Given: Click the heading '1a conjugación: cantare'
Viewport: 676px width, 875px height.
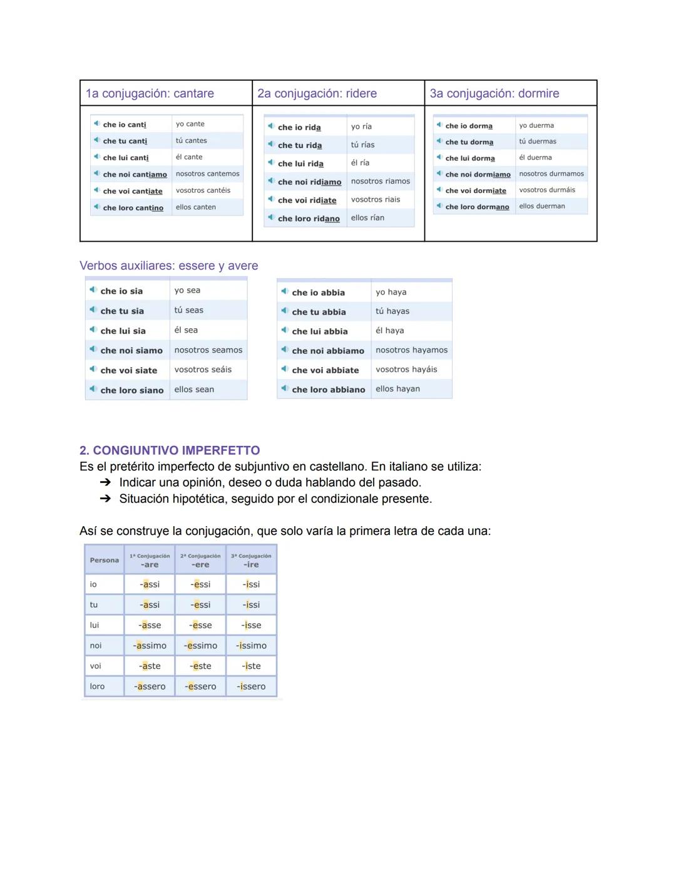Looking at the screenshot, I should click(x=150, y=93).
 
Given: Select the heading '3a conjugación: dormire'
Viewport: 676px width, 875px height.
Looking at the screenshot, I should click(x=494, y=93).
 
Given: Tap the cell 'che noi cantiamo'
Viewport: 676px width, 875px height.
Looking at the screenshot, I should click(x=135, y=175).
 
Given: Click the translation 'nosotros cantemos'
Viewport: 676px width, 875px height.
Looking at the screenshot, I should click(x=207, y=174).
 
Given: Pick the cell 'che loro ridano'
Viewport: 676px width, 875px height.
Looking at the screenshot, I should click(x=309, y=219).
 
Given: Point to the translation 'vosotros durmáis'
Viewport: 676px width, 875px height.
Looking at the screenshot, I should click(x=546, y=190).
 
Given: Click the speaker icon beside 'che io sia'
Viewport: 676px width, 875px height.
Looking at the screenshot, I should click(x=93, y=290).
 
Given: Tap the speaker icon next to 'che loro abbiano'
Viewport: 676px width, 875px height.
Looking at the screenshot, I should click(x=284, y=389).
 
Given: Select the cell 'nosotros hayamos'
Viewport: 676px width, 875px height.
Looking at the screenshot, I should click(x=411, y=350).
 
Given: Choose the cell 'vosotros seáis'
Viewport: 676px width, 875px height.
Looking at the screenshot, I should click(x=203, y=370).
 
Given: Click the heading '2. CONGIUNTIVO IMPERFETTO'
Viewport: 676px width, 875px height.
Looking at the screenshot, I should click(x=169, y=450).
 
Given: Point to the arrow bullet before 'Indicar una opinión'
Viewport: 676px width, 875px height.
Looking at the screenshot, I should click(x=105, y=483).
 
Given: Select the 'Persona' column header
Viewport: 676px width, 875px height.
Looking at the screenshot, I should click(x=104, y=560).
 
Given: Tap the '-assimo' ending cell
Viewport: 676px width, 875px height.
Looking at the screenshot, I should click(x=150, y=646).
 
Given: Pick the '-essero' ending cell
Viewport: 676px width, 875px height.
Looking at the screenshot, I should click(x=200, y=686).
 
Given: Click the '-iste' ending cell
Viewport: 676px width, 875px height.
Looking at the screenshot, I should click(x=251, y=666).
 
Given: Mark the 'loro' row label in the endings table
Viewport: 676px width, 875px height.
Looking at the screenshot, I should click(x=97, y=686).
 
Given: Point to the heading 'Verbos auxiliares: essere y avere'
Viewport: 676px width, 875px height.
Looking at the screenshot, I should click(x=168, y=266).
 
